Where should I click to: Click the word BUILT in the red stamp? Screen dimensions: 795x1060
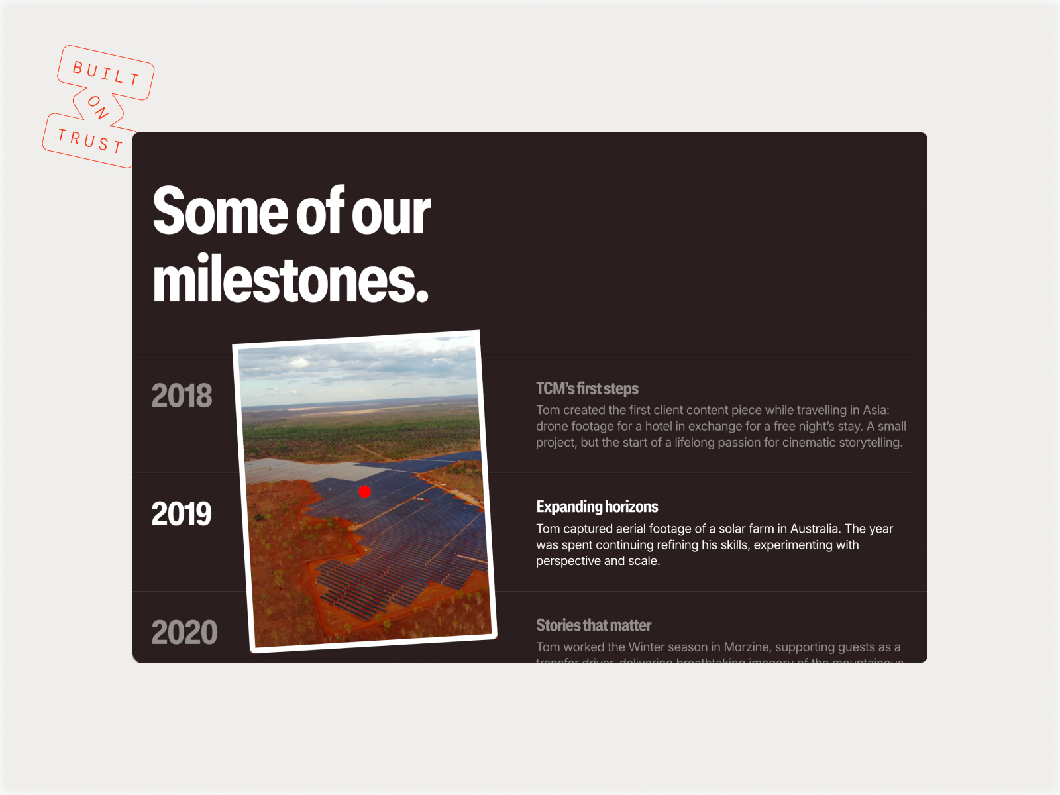pos(106,73)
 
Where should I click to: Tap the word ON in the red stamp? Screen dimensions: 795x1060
pos(98,107)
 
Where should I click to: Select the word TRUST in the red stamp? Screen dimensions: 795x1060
pos(90,140)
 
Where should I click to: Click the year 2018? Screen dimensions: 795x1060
pos(182,396)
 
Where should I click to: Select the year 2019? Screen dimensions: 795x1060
pos(182,514)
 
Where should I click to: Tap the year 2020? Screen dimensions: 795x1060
pos(184,633)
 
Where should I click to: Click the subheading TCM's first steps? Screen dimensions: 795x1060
pos(587,389)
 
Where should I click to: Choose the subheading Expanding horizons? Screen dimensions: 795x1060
pos(597,507)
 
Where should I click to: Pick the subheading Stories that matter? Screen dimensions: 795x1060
pos(594,625)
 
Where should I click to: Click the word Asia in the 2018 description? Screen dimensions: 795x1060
pos(874,410)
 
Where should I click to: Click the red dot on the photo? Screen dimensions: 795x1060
pos(364,492)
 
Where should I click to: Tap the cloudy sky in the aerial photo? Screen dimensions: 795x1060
pos(358,368)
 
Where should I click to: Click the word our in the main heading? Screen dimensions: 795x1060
pos(391,212)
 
